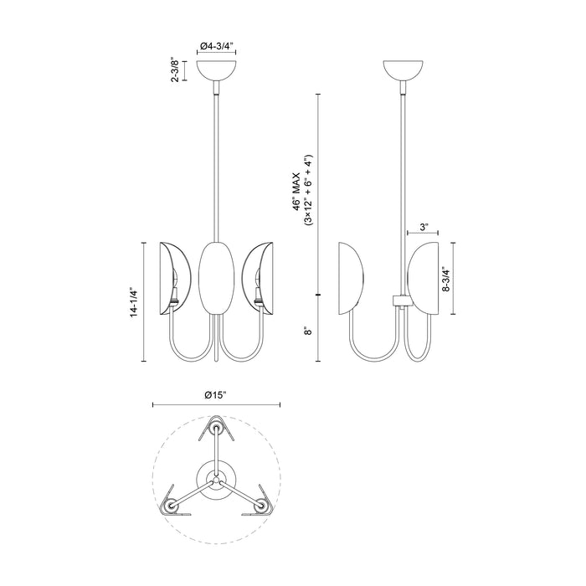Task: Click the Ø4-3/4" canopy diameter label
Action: click(217, 48)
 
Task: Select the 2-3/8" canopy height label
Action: click(174, 71)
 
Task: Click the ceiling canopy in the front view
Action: click(217, 69)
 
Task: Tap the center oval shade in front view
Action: click(217, 275)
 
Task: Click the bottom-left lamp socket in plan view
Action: click(172, 507)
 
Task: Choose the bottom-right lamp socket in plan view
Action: click(263, 507)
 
